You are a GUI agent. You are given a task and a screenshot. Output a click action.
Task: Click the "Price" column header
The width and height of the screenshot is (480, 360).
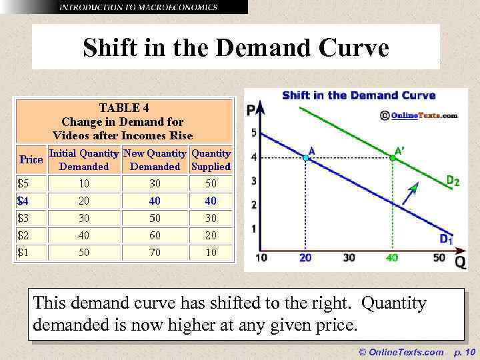[x=31, y=159]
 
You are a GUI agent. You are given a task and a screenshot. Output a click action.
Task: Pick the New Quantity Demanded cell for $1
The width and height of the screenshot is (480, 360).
[x=154, y=252]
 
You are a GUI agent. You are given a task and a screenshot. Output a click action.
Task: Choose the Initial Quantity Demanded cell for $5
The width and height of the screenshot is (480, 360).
[x=83, y=183]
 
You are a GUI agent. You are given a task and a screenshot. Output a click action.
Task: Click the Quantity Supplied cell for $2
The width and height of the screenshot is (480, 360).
[x=211, y=235]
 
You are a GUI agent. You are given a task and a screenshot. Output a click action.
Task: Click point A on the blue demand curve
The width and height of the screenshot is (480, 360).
[x=306, y=158]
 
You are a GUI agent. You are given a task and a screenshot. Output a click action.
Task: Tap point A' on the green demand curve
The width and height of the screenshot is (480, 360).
[x=392, y=158]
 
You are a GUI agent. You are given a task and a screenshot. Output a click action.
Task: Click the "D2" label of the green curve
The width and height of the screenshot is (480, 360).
[x=451, y=181]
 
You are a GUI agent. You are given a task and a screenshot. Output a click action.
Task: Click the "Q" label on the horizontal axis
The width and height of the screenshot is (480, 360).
[x=459, y=262]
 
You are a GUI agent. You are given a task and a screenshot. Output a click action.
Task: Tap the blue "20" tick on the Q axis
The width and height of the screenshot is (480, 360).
[x=305, y=258]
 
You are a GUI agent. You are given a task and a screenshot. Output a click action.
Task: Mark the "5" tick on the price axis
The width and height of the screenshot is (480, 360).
[x=253, y=133]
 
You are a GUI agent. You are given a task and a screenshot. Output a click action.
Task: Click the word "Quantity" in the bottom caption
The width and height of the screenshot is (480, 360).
[x=393, y=303]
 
